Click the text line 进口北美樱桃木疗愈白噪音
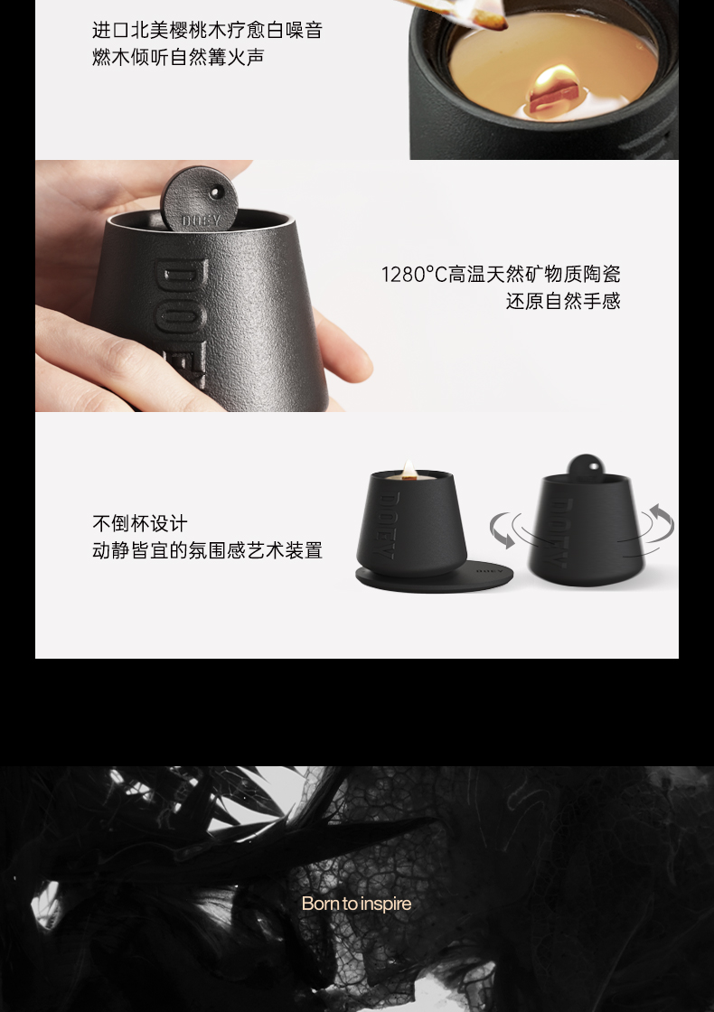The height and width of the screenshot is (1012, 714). tap(207, 30)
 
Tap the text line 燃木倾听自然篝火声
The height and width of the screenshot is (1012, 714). tap(178, 57)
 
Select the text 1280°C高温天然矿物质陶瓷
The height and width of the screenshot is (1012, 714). tap(501, 275)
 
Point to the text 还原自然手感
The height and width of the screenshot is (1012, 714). tap(563, 302)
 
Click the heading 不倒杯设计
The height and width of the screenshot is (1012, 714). tap(140, 523)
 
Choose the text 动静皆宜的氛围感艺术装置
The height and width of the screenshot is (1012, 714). tap(207, 550)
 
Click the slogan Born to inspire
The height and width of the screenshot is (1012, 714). tap(356, 903)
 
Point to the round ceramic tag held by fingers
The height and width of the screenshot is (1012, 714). tap(199, 198)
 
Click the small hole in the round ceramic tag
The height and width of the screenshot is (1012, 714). tap(216, 192)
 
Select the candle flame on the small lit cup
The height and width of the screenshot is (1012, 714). tap(409, 469)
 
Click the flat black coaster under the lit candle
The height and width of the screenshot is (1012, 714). tap(434, 577)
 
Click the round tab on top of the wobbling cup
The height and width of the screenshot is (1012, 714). tap(586, 466)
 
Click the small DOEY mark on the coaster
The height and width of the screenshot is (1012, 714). tap(489, 571)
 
